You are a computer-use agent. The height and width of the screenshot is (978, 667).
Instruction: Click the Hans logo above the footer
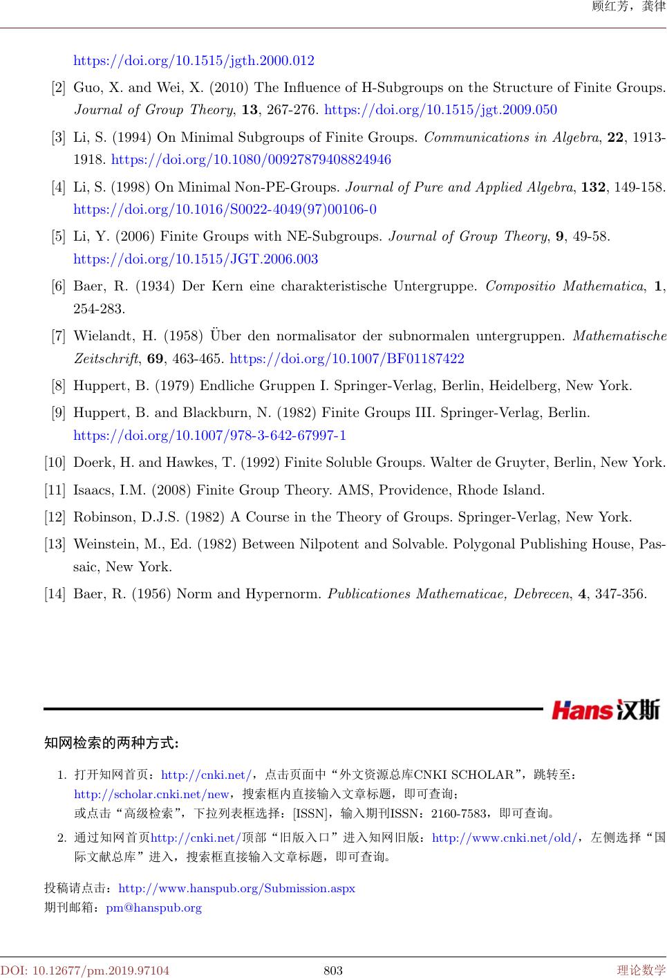pyautogui.click(x=605, y=710)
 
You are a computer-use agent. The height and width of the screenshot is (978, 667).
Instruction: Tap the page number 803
pyautogui.click(x=333, y=970)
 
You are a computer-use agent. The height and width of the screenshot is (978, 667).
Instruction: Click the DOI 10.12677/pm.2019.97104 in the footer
pyautogui.click(x=85, y=970)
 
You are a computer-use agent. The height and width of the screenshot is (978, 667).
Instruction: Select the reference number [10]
pyautogui.click(x=55, y=463)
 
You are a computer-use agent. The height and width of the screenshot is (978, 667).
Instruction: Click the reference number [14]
pyautogui.click(x=55, y=594)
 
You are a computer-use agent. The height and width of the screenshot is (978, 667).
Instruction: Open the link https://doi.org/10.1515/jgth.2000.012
pyautogui.click(x=194, y=61)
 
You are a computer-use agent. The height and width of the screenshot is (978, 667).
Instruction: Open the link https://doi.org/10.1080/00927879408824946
pyautogui.click(x=251, y=160)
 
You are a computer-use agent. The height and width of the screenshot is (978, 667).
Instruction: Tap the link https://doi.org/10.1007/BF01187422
pyautogui.click(x=346, y=359)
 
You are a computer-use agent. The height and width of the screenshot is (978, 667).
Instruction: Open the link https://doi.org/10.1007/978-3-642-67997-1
pyautogui.click(x=209, y=436)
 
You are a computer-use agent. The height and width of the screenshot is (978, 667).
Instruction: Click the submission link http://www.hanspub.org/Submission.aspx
pyautogui.click(x=237, y=888)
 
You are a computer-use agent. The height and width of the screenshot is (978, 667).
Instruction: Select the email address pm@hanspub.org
pyautogui.click(x=153, y=907)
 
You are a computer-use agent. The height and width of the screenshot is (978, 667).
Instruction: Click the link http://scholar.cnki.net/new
pyautogui.click(x=151, y=794)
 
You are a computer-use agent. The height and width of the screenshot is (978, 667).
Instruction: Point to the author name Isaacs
pyautogui.click(x=93, y=490)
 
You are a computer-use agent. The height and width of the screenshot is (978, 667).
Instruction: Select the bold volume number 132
pyautogui.click(x=593, y=187)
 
